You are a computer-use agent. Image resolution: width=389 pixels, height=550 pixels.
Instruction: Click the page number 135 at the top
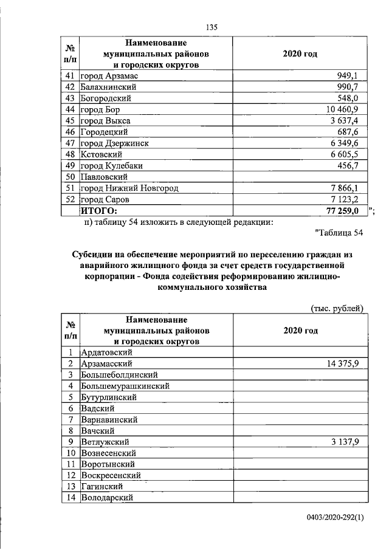tap(212, 27)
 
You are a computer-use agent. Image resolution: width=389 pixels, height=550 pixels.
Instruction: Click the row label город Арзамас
tap(111, 75)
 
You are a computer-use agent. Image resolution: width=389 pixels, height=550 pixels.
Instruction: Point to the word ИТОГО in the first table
tap(98, 210)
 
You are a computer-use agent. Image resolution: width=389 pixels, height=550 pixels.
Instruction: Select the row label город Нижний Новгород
tap(129, 188)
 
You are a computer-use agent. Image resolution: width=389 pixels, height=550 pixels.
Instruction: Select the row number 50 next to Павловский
tap(69, 177)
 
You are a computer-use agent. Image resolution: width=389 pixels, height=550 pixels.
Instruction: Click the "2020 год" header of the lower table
tap(300, 331)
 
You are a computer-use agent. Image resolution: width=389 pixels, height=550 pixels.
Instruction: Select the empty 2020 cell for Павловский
tap(300, 177)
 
